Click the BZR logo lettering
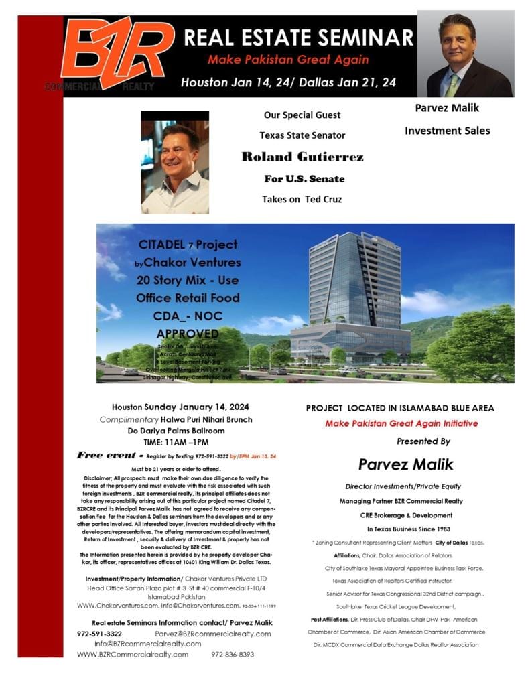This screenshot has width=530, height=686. tap(117, 50)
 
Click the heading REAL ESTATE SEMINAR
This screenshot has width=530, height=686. tap(299, 36)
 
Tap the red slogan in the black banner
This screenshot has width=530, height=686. tap(288, 60)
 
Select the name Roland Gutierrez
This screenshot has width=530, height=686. tap(302, 157)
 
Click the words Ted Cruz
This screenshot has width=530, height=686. tap(324, 198)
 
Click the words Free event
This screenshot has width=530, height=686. tap(107, 455)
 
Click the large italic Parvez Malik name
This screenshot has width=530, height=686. tap(405, 464)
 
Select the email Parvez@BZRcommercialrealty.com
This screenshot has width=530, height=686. tap(213, 634)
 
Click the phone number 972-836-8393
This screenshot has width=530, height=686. tap(233, 654)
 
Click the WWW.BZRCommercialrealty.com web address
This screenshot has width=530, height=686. tap(133, 654)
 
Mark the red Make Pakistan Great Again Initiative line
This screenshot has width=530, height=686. tap(401, 423)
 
